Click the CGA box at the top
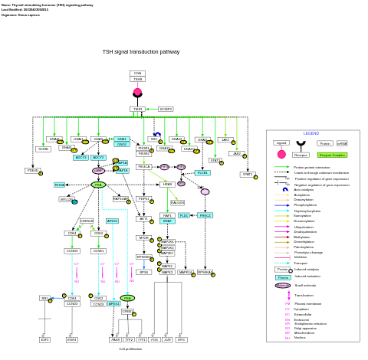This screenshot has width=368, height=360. pyautogui.click(x=137, y=73)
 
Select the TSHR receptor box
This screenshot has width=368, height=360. pyautogui.click(x=137, y=109)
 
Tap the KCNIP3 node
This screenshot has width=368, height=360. pyautogui.click(x=166, y=109)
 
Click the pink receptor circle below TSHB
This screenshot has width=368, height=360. pyautogui.click(x=137, y=92)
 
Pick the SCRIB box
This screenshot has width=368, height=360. pyautogui.click(x=44, y=149)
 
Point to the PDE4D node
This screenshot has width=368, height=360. pyautogui.click(x=32, y=171)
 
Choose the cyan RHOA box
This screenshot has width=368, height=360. pyautogui.click(x=60, y=185)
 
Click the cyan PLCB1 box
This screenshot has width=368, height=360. pyautogui.click(x=202, y=172)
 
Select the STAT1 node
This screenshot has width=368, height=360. pyautogui.click(x=248, y=175)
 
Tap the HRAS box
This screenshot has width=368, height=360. pyautogui.click(x=167, y=184)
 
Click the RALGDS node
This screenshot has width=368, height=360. pyautogui.click(x=177, y=202)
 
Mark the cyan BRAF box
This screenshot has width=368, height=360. pyautogui.click(x=168, y=221)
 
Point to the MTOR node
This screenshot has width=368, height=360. pyautogui.click(x=143, y=237)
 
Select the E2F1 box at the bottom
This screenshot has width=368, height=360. pyautogui.click(x=44, y=339)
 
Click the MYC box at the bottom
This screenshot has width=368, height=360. pyautogui.click(x=182, y=339)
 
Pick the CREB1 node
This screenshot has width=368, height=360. pyautogui.click(x=127, y=311)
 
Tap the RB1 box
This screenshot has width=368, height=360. pyautogui.click(x=45, y=298)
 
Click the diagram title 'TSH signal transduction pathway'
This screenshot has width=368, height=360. pyautogui.click(x=141, y=52)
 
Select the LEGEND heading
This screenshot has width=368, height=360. pyautogui.click(x=310, y=133)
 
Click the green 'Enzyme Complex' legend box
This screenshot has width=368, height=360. pyautogui.click(x=332, y=155)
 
